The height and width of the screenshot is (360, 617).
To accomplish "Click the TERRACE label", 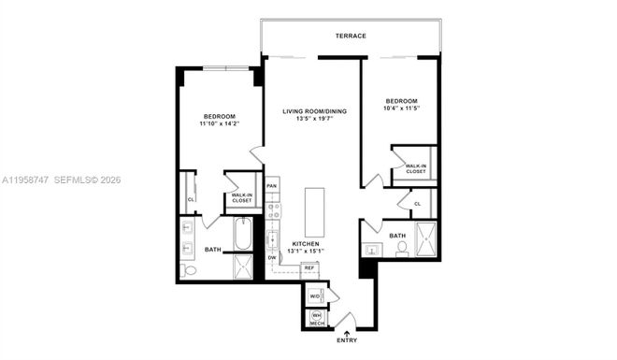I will tap(352, 36).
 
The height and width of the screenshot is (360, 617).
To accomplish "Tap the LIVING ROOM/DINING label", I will tap(315, 111).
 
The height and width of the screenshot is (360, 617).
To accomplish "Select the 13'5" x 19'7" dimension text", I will tap(315, 120).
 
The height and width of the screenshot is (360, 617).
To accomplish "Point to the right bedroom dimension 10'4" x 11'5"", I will tap(400, 108).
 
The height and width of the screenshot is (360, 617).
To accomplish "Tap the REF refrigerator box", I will tap(308, 268).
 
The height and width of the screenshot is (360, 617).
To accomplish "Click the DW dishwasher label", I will tap(272, 257).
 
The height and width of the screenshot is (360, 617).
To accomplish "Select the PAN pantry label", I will tap(271, 185).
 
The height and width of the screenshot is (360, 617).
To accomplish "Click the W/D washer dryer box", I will tap(315, 295).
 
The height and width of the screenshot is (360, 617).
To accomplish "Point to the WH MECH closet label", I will tap(316, 319).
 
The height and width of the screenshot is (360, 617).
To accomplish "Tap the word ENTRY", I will tap(347, 341).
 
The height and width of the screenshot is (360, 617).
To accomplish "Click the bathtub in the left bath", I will tap(242, 233).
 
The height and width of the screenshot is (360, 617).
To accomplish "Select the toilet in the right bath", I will tap(402, 248).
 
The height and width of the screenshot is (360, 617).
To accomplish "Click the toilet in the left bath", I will tap(190, 270).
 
